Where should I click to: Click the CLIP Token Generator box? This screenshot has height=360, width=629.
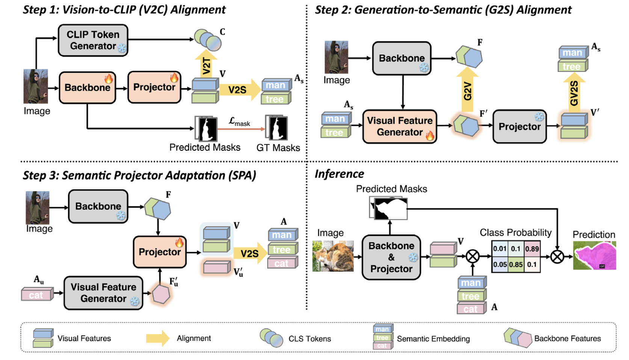point(93,41)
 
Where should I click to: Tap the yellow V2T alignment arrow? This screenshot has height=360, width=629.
point(206,64)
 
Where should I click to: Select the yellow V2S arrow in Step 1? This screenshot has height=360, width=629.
point(240,89)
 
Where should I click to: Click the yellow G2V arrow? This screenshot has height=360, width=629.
point(467,89)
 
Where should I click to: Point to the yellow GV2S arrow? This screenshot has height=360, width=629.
point(574,93)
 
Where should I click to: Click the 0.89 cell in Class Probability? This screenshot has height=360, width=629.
point(532,249)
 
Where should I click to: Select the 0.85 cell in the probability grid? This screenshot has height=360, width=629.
point(516,265)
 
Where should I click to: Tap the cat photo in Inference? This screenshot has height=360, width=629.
point(333,256)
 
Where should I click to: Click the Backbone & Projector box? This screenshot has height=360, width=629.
point(391,257)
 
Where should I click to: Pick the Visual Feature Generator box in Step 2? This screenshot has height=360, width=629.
point(399,126)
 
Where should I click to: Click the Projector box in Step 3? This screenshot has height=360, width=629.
point(159,252)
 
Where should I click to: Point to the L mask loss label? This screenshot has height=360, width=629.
point(239,122)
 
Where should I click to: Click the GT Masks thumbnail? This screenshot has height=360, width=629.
point(277,128)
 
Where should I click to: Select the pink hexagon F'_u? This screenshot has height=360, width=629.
point(161,294)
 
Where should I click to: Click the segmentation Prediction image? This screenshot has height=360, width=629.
point(594,256)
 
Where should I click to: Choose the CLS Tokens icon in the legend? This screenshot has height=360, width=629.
point(271,338)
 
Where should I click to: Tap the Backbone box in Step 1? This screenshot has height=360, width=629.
point(87,88)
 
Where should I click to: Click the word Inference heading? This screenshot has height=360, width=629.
point(339,174)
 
